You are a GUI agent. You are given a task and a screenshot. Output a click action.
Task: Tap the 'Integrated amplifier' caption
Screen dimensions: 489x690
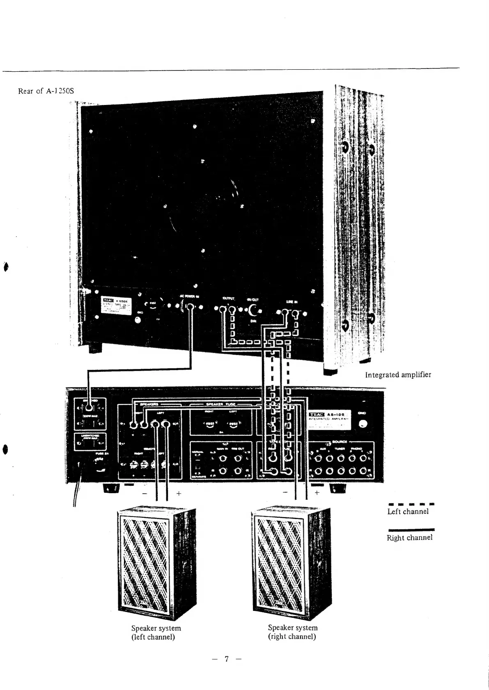(398, 374)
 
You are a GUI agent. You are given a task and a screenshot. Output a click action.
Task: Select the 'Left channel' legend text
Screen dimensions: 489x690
(408, 511)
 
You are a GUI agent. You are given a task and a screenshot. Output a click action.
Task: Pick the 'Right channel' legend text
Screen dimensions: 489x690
(409, 537)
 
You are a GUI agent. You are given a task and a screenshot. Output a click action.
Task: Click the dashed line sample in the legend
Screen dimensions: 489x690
(411, 504)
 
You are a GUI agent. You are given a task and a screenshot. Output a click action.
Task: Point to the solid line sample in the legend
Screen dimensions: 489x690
(411, 530)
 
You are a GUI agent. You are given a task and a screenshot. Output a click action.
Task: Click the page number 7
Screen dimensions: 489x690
(225, 659)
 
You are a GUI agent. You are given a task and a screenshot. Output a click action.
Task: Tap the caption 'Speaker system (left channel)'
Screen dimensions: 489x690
(156, 632)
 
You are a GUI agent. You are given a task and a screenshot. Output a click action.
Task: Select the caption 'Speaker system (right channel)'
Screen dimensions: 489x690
(292, 632)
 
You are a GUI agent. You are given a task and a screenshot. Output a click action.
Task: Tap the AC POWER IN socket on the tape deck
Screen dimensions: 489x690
(190, 307)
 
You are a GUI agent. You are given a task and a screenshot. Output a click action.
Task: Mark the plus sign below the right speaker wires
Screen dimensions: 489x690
(317, 492)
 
